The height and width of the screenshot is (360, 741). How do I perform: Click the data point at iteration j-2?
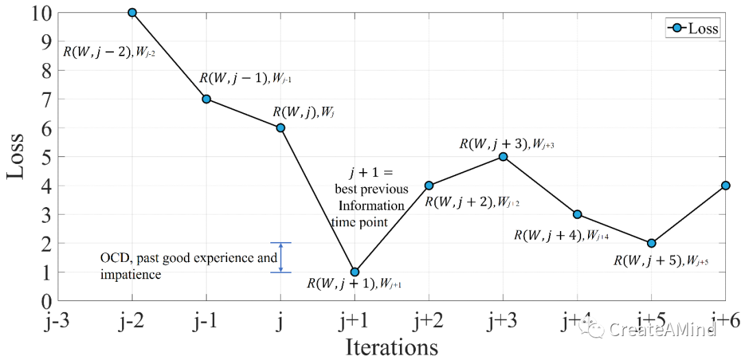[x=132, y=12]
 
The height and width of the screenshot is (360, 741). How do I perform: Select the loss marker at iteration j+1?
[x=355, y=272]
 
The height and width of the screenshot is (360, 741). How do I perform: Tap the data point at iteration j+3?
[x=503, y=156]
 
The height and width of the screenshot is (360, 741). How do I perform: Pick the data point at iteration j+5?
[x=651, y=243]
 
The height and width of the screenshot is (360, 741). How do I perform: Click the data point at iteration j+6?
[x=725, y=185]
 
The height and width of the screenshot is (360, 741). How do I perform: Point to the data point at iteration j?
[x=281, y=128]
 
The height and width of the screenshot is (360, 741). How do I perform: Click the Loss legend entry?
[x=692, y=28]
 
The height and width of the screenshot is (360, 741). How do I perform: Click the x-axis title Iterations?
[x=392, y=346]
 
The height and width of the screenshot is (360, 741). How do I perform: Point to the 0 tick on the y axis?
[x=47, y=301]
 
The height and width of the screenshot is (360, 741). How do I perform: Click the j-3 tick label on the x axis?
[x=58, y=320]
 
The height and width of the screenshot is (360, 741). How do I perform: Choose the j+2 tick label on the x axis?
[x=429, y=320]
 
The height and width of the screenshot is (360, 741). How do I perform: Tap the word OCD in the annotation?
[x=114, y=259]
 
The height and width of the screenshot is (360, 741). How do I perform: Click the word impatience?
[x=131, y=274]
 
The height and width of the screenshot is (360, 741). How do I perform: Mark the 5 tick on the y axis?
[x=47, y=157]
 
